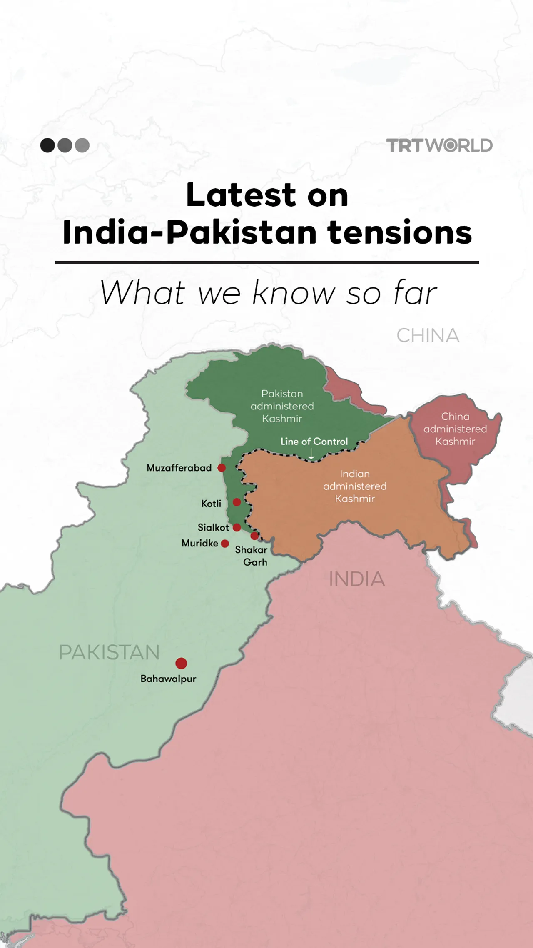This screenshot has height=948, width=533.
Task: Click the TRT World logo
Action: click(439, 145)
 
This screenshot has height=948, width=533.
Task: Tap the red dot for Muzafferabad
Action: click(222, 468)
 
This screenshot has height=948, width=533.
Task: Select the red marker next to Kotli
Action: click(237, 502)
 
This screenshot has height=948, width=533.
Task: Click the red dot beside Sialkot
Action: click(237, 528)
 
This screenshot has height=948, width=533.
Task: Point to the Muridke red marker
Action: click(225, 543)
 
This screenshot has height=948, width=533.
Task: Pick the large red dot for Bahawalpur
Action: click(181, 663)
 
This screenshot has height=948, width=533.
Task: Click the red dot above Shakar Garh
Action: click(254, 536)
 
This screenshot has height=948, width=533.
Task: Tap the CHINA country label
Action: click(428, 336)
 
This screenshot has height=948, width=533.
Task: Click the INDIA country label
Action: click(356, 579)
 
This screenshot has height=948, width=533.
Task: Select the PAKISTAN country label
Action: click(109, 653)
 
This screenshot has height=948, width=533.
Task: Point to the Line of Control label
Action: click(314, 442)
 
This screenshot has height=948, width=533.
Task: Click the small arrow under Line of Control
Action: click(311, 454)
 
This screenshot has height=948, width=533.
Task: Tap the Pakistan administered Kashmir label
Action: click(282, 406)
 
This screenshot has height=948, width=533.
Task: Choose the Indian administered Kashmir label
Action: click(355, 486)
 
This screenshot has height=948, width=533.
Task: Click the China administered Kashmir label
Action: click(455, 429)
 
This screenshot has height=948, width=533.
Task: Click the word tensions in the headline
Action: click(399, 232)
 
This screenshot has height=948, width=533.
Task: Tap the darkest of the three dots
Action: click(47, 145)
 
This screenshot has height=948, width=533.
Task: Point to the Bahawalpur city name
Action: click(168, 679)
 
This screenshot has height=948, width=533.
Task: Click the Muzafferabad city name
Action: click(179, 468)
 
